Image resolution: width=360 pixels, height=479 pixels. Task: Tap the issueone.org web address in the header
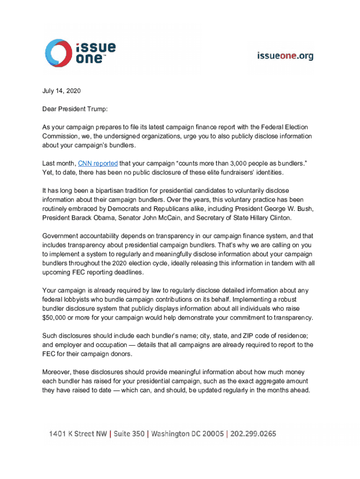point(285,56)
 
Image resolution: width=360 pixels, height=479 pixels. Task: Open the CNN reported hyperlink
point(98,164)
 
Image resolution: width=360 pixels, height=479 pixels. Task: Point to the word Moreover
point(57,372)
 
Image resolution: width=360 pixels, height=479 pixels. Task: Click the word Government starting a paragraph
point(61,236)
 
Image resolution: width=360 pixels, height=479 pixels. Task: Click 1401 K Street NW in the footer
point(77,434)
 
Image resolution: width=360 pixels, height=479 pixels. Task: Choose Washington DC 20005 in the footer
point(187,434)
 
